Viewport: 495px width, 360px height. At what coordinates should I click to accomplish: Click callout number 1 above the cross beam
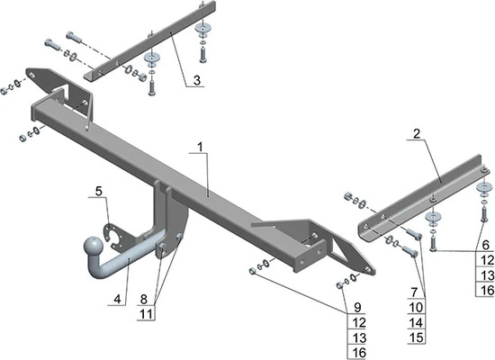[x=200, y=147]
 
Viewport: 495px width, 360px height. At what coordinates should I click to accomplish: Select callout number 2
[x=417, y=133]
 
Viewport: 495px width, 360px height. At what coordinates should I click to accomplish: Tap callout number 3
[x=197, y=80]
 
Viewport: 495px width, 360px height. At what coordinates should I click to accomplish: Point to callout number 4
[x=117, y=299]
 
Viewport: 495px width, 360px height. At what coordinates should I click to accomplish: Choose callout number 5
[x=99, y=191]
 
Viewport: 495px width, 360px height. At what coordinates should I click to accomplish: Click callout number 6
[x=485, y=245]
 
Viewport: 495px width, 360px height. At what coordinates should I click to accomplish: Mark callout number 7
[x=414, y=292]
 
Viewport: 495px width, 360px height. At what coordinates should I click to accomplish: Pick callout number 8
[x=144, y=299]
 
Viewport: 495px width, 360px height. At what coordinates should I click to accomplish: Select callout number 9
[x=357, y=307]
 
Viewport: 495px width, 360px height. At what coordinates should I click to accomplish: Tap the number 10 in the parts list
[x=416, y=307]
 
